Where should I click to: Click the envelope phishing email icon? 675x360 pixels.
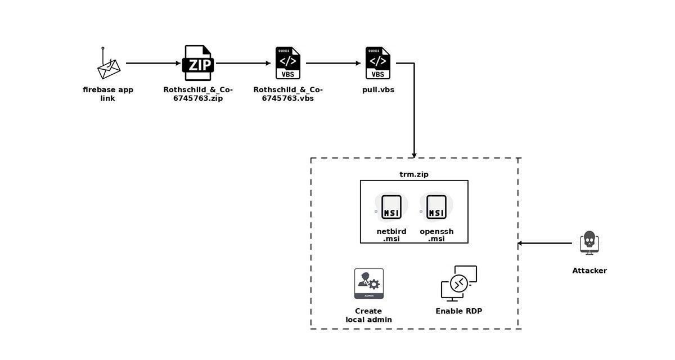point(109,67)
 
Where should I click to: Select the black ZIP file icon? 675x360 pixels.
point(198,63)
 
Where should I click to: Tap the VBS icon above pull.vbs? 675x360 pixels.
point(378,63)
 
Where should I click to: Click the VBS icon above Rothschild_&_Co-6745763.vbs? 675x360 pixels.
point(288,63)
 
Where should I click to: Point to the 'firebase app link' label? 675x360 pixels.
point(108,94)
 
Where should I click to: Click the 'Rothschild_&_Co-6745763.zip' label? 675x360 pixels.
point(198,94)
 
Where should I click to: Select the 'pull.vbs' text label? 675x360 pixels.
point(378,89)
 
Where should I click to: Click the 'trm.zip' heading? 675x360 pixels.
point(414,174)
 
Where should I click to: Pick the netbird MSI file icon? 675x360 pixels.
point(391,207)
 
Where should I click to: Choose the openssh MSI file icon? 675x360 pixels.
point(436,207)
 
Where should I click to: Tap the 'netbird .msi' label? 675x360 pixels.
point(391,235)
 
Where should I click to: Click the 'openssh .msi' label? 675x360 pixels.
point(436,235)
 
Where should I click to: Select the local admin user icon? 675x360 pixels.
point(369,283)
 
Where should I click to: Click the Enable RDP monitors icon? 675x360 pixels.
point(458,283)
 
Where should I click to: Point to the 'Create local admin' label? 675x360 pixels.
point(368,315)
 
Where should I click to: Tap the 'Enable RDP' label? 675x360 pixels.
point(458,311)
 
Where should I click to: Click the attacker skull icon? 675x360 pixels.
point(589,242)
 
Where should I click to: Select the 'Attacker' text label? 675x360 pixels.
point(589,271)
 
